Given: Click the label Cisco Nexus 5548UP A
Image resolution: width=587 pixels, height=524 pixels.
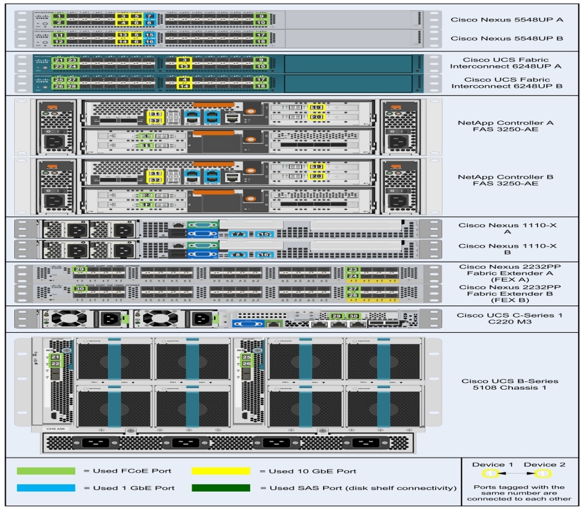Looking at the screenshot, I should [x=507, y=19].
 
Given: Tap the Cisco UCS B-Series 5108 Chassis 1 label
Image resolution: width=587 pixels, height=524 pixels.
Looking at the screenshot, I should [x=509, y=385].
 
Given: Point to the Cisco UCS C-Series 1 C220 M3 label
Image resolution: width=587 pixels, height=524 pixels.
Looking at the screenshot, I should [x=509, y=319].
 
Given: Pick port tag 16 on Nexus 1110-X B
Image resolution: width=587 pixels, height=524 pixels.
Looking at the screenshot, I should [x=264, y=255].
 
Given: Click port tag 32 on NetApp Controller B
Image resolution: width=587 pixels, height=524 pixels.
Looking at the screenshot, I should [x=155, y=180].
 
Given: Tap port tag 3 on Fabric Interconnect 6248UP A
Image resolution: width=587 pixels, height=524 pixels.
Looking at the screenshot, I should [x=183, y=60].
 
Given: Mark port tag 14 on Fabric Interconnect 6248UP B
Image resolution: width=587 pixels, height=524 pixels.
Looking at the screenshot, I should [x=183, y=86].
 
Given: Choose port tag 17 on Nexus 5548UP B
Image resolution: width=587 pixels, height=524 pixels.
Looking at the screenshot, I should [x=261, y=35].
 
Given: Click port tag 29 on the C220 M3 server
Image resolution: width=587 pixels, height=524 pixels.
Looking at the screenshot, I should [x=337, y=316].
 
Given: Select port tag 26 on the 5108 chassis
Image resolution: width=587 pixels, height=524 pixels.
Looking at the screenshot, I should [x=246, y=364].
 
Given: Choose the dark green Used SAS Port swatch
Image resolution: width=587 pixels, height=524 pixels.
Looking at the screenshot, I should [x=221, y=488].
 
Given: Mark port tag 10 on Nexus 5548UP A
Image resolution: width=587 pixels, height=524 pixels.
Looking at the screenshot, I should [x=261, y=23].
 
